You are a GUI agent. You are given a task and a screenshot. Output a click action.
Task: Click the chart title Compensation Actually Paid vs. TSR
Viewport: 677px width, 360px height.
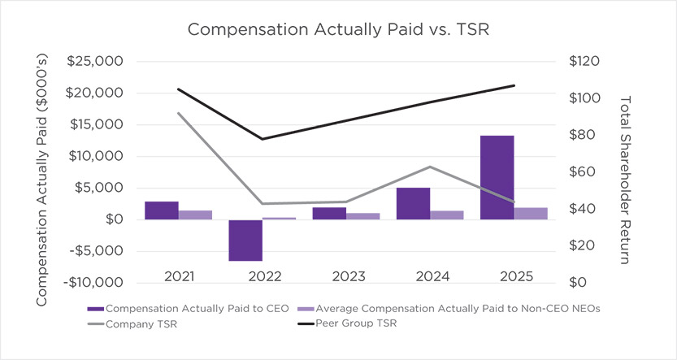coord(337,29)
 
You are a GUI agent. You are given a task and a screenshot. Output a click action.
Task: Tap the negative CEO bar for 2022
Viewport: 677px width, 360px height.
coord(245,240)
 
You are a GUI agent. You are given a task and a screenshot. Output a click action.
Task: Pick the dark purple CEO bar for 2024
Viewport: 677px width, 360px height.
coord(413,203)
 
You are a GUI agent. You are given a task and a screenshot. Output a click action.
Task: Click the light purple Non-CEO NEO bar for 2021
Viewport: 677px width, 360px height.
coord(195,215)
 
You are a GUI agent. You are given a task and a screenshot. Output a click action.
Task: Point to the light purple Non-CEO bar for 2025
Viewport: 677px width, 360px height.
coord(530,213)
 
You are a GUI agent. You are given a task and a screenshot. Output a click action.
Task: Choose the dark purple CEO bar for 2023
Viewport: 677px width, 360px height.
coord(329,213)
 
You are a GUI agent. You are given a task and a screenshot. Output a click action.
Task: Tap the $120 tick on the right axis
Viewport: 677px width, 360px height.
coord(584,62)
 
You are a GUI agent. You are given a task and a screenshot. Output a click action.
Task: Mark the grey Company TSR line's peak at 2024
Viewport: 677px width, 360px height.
coord(429,167)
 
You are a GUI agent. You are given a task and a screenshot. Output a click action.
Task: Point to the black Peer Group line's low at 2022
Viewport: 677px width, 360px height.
coord(262,139)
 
